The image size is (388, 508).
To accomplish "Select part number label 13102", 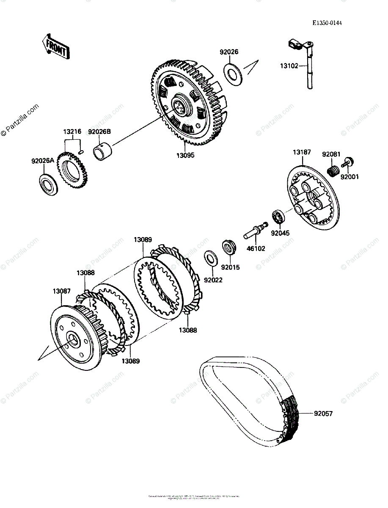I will (289, 66).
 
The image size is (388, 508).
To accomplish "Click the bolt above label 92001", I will (349, 161).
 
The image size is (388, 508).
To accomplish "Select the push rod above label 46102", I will (255, 230).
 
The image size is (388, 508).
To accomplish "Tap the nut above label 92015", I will (228, 246).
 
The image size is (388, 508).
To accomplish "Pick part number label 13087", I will (61, 291).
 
